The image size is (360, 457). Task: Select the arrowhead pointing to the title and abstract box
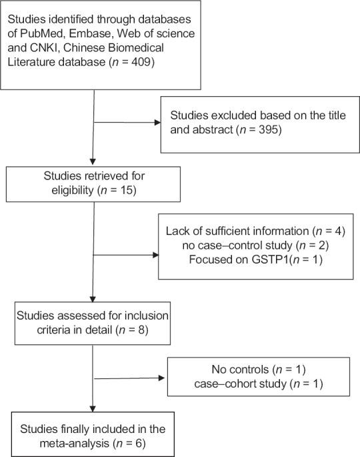click(157, 122)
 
